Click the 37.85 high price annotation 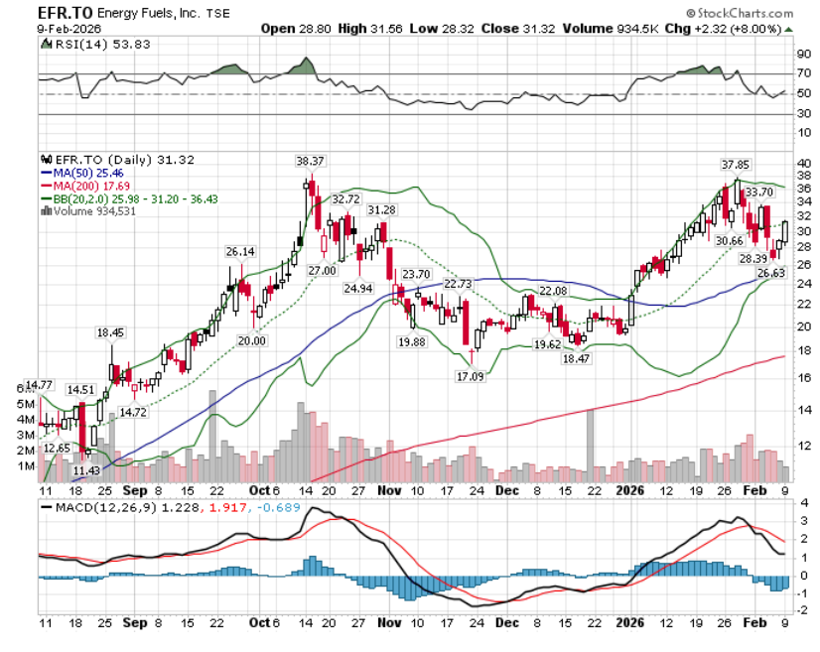tap(735, 165)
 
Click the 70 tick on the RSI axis tap(802, 74)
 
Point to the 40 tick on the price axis tap(802, 162)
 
